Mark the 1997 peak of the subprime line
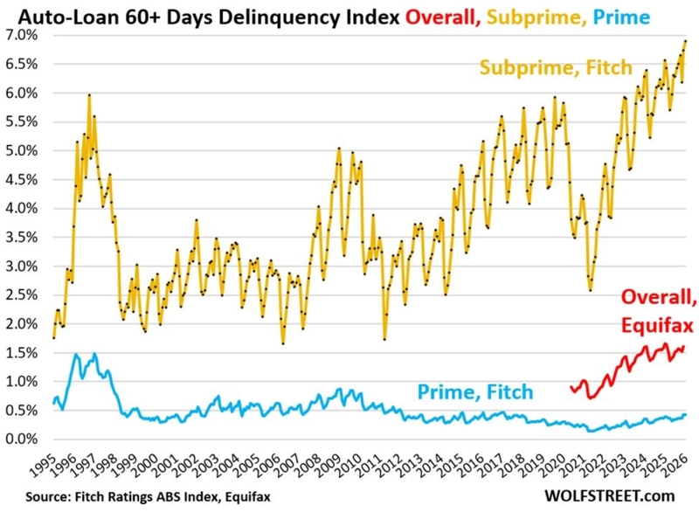89,95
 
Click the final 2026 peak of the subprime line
685,41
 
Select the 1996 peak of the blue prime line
76,355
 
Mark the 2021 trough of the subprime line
591,290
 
